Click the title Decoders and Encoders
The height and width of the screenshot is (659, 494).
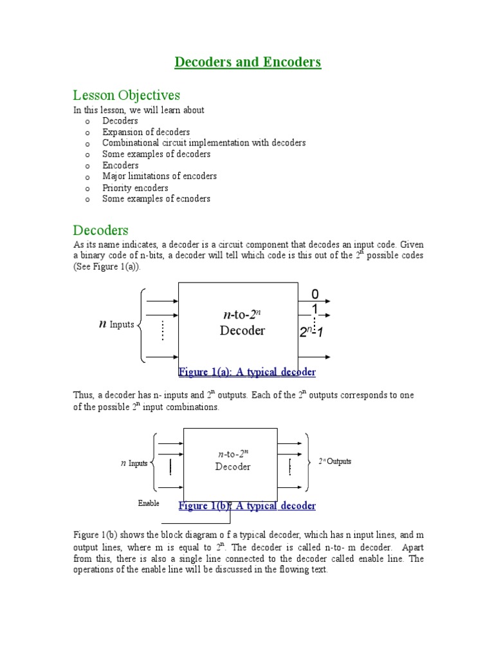point(248,62)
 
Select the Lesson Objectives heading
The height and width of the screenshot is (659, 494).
point(126,95)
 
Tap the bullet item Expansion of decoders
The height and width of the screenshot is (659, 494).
point(146,132)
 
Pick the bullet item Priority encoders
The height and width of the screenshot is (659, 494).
point(135,188)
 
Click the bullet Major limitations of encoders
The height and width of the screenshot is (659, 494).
point(160,176)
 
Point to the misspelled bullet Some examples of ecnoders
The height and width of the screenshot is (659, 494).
point(156,199)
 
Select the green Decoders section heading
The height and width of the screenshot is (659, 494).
point(100,230)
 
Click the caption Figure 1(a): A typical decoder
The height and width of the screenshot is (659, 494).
point(246,373)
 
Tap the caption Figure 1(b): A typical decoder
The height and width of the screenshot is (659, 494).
point(247,506)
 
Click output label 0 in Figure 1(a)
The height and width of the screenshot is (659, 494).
point(315,294)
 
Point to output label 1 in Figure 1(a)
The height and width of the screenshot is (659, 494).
point(315,310)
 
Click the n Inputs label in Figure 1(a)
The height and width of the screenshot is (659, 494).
point(116,324)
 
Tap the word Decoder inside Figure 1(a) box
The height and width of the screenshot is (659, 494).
point(242,331)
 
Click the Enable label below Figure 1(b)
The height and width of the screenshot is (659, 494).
point(149,503)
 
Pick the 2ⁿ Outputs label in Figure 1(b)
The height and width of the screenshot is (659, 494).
point(335,462)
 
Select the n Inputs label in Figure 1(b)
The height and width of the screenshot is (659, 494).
point(134,463)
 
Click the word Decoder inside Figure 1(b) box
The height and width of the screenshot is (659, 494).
point(233,467)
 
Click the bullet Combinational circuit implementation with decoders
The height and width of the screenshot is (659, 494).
point(204,143)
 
